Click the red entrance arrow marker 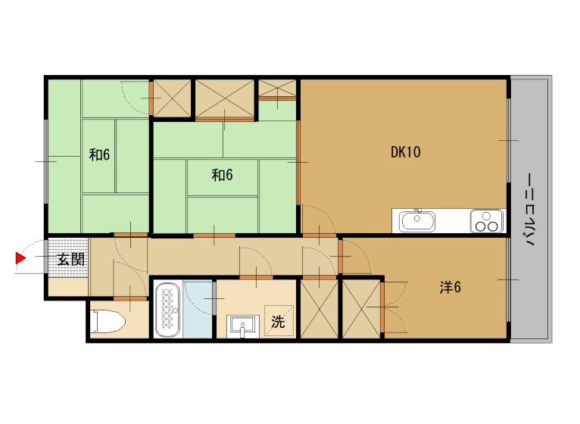[20, 258]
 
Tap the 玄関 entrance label [70, 260]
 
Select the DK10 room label [405, 152]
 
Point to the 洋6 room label [450, 287]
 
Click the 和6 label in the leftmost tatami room [99, 154]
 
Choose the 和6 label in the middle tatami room [222, 175]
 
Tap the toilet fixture [108, 321]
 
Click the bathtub [168, 310]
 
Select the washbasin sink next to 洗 [243, 326]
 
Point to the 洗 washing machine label [278, 322]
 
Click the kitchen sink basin [417, 221]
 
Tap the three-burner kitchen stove [486, 221]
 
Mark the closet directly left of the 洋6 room [361, 310]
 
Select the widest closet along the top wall [225, 98]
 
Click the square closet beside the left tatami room [172, 98]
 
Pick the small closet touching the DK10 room [277, 88]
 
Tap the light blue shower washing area [198, 310]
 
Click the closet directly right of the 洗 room [320, 310]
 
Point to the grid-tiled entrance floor [68, 257]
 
